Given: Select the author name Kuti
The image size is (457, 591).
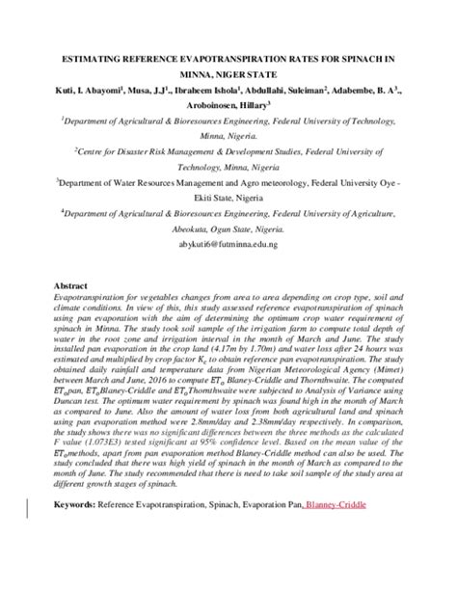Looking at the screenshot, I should (70, 91).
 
